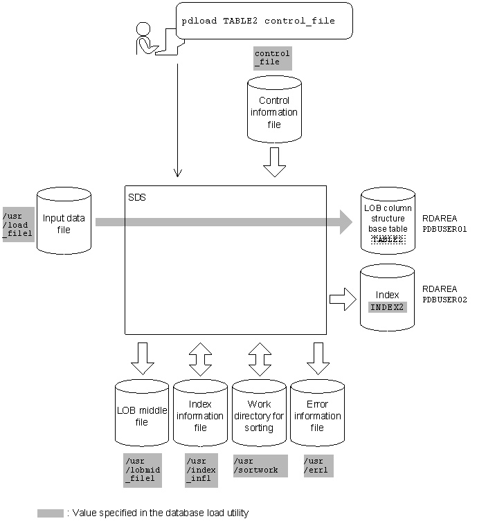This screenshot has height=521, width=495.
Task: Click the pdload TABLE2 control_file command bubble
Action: point(264,21)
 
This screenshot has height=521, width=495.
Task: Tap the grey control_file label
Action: point(272,57)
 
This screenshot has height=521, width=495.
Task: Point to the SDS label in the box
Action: point(137,197)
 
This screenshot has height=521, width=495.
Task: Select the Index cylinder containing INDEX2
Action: point(388,298)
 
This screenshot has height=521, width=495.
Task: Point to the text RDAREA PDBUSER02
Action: point(444,294)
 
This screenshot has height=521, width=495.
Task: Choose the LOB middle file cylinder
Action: point(142,415)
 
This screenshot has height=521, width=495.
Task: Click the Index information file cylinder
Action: point(200,415)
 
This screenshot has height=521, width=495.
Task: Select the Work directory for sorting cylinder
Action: point(259,415)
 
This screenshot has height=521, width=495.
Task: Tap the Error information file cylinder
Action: point(317,415)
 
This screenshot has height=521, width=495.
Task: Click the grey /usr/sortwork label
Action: point(256,465)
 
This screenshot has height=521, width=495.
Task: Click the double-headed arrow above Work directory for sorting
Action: point(259,356)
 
